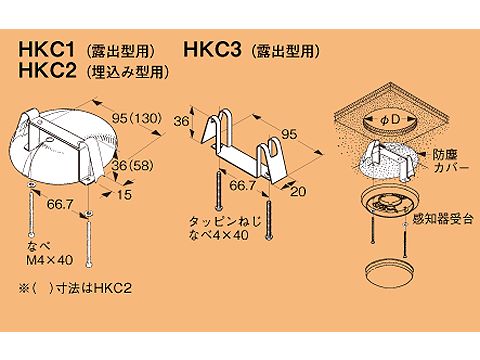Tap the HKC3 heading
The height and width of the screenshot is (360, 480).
[213, 50]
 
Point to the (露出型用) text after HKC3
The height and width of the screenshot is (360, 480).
[291, 50]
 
